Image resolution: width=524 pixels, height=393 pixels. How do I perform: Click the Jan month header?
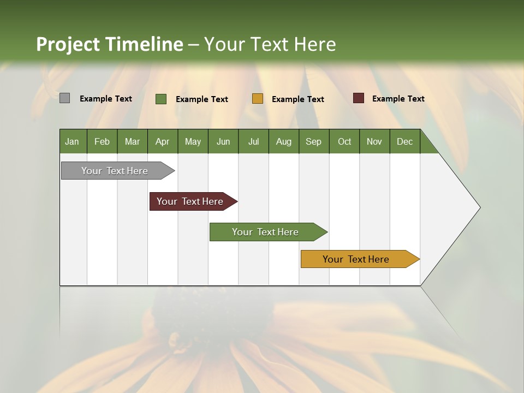(x=73, y=141)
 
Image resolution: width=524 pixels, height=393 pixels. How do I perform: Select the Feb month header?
(x=102, y=141)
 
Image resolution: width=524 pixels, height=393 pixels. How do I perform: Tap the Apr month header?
(x=163, y=141)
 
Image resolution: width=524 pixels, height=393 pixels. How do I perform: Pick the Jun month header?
(x=223, y=141)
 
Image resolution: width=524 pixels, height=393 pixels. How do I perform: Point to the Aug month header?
(x=284, y=141)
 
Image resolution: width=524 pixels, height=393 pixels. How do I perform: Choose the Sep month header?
(x=314, y=141)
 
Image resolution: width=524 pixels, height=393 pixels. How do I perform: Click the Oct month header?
(x=344, y=141)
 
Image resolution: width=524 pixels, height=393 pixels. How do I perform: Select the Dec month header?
(x=405, y=141)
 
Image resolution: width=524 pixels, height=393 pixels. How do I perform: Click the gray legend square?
(x=64, y=98)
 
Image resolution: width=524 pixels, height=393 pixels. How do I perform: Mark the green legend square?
(x=161, y=99)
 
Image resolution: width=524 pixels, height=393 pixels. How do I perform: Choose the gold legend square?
(x=258, y=99)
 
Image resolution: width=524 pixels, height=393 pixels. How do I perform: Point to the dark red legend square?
(x=358, y=98)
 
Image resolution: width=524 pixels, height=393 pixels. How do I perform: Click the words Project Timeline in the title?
(x=110, y=44)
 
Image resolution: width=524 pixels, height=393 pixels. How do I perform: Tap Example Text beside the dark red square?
(x=398, y=99)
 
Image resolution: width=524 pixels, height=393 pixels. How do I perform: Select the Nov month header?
(x=374, y=141)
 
